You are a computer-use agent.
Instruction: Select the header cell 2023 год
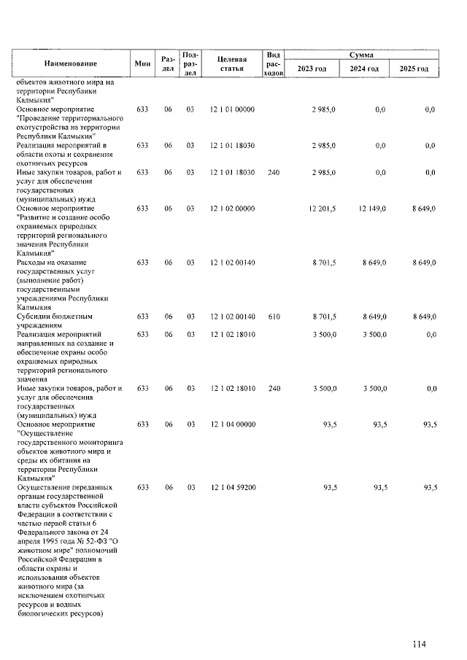click(313, 69)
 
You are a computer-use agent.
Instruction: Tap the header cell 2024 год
click(363, 69)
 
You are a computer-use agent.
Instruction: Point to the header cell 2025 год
click(414, 69)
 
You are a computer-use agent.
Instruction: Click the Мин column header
click(142, 63)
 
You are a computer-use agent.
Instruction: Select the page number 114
click(418, 643)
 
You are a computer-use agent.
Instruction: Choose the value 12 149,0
click(372, 209)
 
